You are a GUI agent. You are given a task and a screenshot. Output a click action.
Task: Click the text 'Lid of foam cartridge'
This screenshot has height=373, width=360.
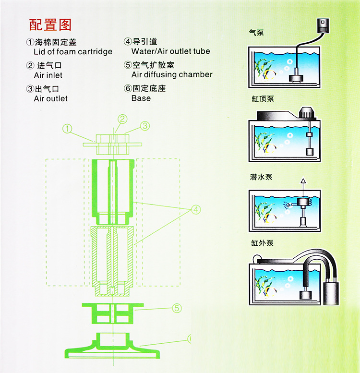73,52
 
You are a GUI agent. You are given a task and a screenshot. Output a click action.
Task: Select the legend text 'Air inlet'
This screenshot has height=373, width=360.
48,75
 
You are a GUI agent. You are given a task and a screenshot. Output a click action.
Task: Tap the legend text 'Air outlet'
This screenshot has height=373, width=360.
50,99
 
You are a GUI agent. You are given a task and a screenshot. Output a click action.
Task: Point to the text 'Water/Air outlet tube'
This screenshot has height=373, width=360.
170,51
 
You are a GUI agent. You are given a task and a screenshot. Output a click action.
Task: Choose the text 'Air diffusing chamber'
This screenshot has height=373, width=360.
172,75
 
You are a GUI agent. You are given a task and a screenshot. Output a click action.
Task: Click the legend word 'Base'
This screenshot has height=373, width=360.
141,98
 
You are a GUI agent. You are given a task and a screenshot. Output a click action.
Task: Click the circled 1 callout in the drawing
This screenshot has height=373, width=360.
68,128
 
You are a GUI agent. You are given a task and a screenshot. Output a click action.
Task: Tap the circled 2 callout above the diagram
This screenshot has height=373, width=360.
123,119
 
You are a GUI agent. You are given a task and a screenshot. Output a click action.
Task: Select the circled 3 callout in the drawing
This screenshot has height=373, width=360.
145,126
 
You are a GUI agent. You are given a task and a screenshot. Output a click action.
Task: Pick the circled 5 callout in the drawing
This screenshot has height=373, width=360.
177,308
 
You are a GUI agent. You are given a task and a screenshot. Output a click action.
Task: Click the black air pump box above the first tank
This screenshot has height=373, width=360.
323,25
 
